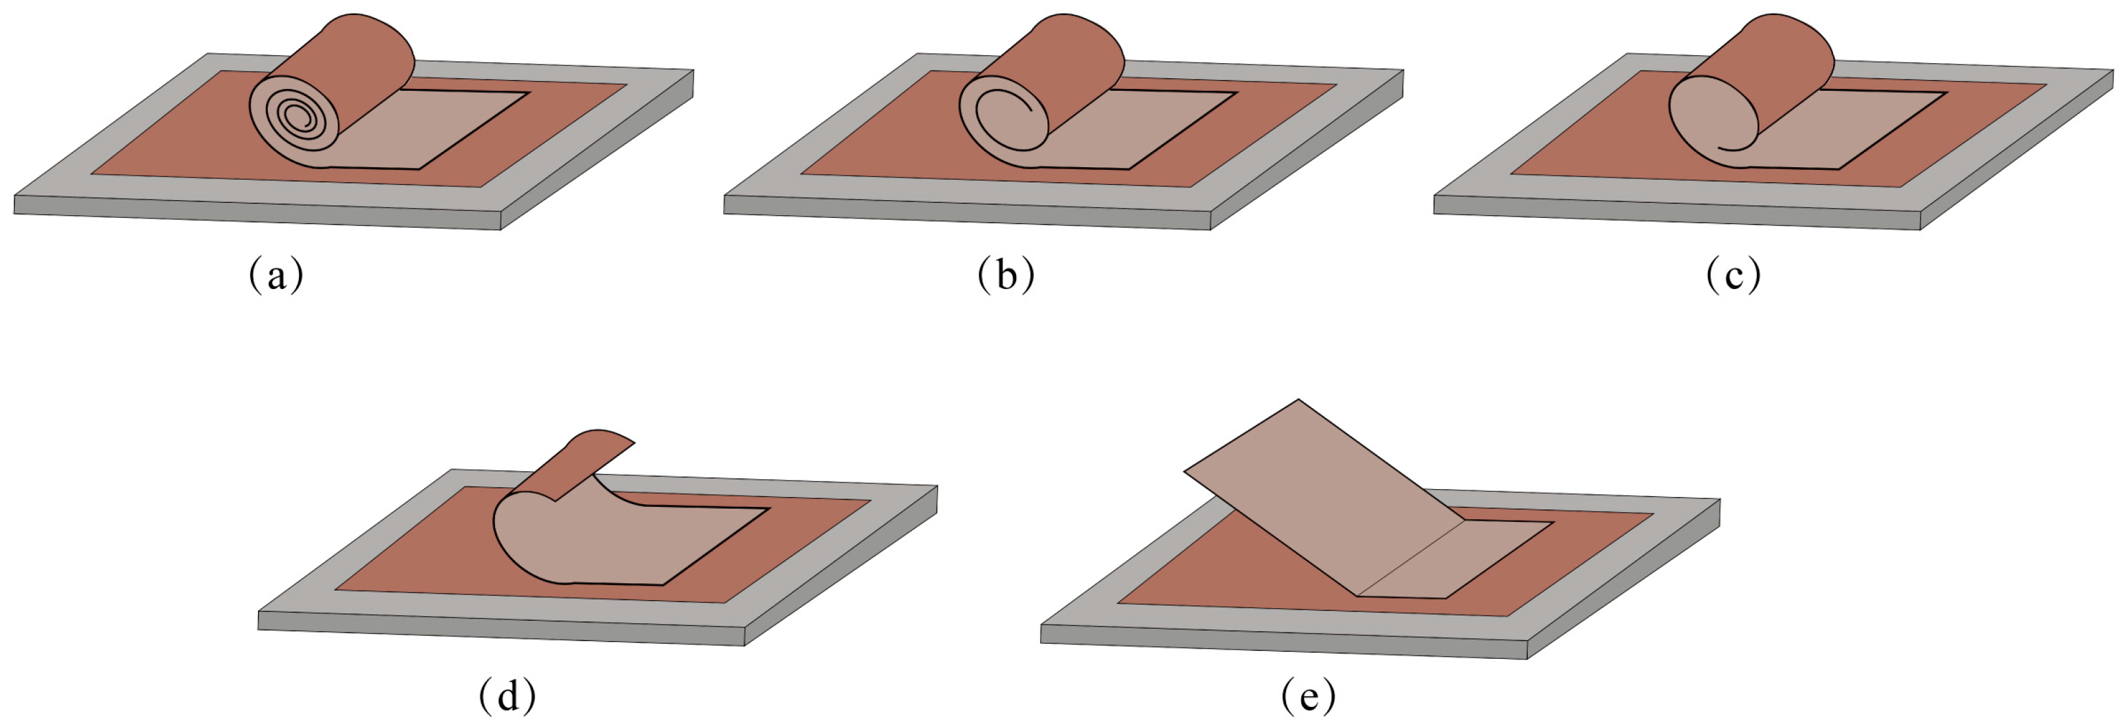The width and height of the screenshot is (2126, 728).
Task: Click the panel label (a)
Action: pos(276,275)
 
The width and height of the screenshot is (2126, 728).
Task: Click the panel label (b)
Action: pos(1005,275)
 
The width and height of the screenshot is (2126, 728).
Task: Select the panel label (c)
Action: pos(1733,275)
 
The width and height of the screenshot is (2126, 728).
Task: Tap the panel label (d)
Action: pos(507,696)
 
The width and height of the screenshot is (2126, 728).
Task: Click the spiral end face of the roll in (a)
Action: pos(295,120)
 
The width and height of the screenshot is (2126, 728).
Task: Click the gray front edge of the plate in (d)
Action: pos(495,629)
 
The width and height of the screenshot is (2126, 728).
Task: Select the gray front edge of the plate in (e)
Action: pos(1280,643)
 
